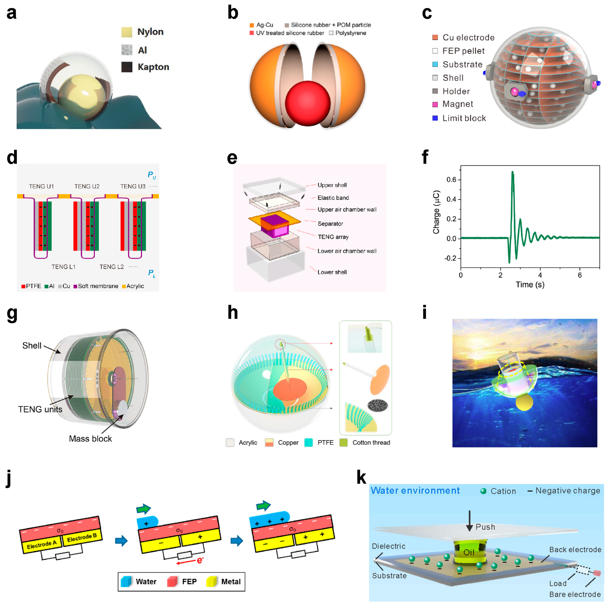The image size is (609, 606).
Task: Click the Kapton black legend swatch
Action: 127,67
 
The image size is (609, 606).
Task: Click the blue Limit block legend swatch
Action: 435,118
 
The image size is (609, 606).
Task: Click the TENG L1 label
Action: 63,267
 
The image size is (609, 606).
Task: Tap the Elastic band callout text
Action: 333,198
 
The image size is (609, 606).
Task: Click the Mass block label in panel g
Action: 90,439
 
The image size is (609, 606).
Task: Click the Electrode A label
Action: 42,544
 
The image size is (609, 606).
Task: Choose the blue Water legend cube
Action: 126,581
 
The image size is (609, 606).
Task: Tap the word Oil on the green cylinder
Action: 469,552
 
